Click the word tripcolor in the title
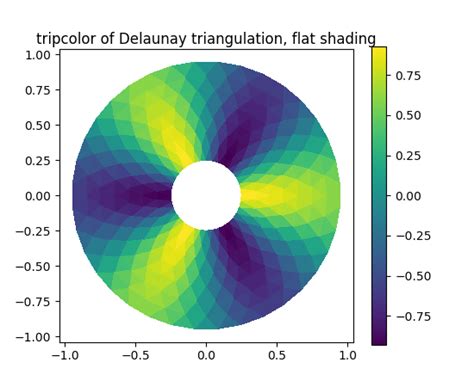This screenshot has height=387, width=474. [67, 39]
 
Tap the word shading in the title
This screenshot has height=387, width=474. [348, 39]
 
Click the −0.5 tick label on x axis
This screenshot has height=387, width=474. [135, 355]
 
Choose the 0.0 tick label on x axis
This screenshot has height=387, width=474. [206, 355]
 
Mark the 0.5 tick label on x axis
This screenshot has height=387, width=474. [277, 355]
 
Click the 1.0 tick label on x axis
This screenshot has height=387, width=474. [347, 355]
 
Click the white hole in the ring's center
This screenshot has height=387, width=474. [206, 195]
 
